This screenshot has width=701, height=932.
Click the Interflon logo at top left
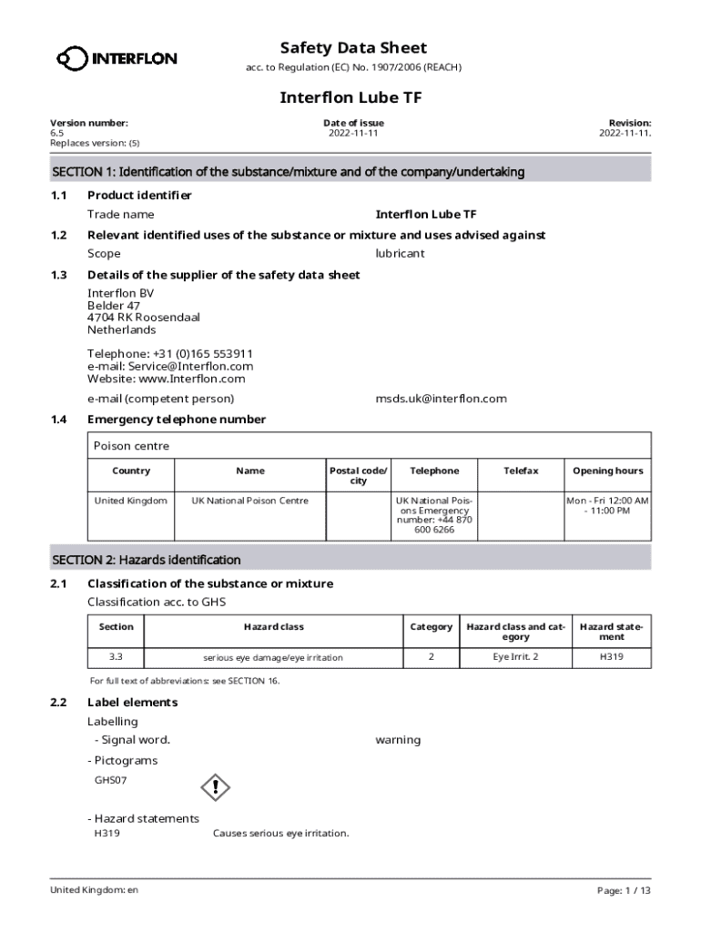point(117,59)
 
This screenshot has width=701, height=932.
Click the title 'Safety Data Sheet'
point(353,47)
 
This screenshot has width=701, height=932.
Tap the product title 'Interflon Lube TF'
point(350,97)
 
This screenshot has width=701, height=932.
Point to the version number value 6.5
point(57,133)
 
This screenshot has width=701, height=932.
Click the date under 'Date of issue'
point(353,133)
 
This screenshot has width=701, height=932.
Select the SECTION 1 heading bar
point(350,171)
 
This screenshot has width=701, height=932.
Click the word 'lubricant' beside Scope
point(400,254)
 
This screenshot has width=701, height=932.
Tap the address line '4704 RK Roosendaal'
point(143,318)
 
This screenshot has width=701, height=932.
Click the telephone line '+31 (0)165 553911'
point(170,353)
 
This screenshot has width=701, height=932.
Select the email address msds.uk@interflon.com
point(441,399)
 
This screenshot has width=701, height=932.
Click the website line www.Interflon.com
point(167,379)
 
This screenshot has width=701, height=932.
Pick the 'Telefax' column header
point(521,471)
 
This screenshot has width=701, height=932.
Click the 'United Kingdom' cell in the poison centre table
point(131,501)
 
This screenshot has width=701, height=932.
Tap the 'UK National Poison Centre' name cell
point(249,501)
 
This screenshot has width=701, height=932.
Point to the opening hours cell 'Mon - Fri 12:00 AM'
point(607,501)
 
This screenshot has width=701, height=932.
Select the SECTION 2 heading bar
point(350,560)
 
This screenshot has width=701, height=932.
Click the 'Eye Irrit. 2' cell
point(515,656)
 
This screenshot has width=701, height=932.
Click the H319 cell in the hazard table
point(612,656)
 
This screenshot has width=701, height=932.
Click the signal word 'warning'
point(398,740)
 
